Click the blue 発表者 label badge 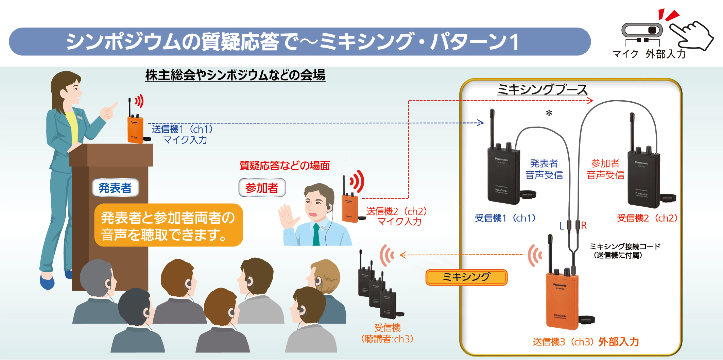coord(115,188)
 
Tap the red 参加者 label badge coord(262,188)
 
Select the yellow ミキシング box coord(466,277)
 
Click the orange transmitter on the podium coord(135,129)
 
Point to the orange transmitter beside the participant coord(350,208)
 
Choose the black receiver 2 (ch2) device coord(643,178)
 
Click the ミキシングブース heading coord(542,90)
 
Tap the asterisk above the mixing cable coord(549,113)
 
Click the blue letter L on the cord coord(562,226)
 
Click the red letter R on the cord coord(584,225)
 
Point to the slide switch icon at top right coord(642,30)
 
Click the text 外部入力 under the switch coord(666,54)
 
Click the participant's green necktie coord(316,235)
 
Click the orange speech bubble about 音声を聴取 coord(168,225)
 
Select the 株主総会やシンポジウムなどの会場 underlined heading coord(235,75)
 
